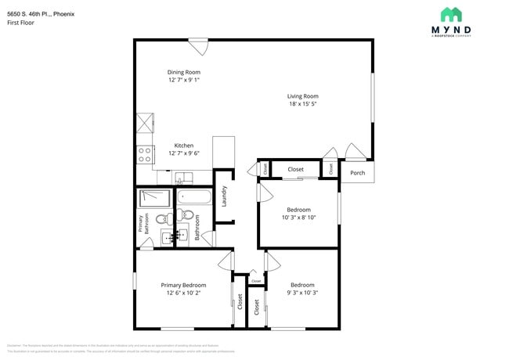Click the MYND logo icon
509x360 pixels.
[x=451, y=14]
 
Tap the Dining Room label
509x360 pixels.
[x=183, y=72]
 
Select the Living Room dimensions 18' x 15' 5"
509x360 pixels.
[x=302, y=104]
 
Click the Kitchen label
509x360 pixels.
[x=183, y=146]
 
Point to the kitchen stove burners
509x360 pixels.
[x=145, y=154]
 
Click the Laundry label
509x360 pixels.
[x=224, y=196]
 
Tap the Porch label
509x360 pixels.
[x=357, y=173]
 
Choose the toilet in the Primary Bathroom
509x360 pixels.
[x=162, y=220]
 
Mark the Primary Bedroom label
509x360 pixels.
[x=183, y=285]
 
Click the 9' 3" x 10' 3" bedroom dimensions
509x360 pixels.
[x=302, y=293]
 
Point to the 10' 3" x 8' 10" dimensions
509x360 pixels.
[x=298, y=218]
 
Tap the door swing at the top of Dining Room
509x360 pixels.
[x=200, y=47]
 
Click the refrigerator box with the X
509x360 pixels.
[x=146, y=124]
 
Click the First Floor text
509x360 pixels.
[x=20, y=23]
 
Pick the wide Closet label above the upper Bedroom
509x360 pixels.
[x=296, y=169]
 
